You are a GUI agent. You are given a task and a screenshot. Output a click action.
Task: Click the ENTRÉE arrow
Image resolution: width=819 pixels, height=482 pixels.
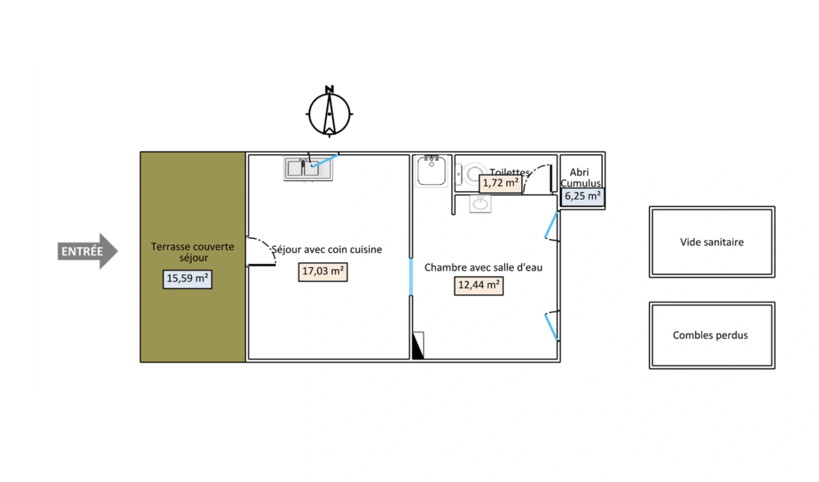[87, 251]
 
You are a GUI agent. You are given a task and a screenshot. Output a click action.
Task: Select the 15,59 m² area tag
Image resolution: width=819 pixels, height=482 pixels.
[187, 279]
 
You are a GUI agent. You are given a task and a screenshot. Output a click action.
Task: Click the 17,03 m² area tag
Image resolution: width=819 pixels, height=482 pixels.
[323, 271]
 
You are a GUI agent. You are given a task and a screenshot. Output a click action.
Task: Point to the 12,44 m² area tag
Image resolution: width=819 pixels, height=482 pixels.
[478, 285]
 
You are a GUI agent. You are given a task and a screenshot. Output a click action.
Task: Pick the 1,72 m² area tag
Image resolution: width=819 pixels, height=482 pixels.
[500, 183]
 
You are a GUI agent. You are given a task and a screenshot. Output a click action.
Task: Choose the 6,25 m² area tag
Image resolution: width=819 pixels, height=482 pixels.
[582, 196]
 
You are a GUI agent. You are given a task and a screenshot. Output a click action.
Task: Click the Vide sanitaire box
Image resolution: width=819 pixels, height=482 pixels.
[712, 242]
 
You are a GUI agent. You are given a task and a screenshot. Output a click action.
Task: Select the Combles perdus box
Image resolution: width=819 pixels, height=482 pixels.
[712, 335]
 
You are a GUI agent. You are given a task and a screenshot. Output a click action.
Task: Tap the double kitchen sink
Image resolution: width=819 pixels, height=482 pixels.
[308, 168]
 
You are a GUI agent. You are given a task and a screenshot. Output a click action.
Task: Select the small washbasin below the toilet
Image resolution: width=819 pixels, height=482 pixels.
[480, 204]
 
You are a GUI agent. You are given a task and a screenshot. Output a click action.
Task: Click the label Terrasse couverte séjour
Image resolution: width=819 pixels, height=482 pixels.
[192, 252]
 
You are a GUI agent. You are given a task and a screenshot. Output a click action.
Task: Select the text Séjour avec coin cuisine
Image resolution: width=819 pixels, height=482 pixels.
[327, 249]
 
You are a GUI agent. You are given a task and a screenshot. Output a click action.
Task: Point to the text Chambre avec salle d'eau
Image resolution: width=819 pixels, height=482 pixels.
[483, 267]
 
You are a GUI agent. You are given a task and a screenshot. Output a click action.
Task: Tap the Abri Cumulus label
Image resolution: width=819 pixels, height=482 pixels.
[580, 178]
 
